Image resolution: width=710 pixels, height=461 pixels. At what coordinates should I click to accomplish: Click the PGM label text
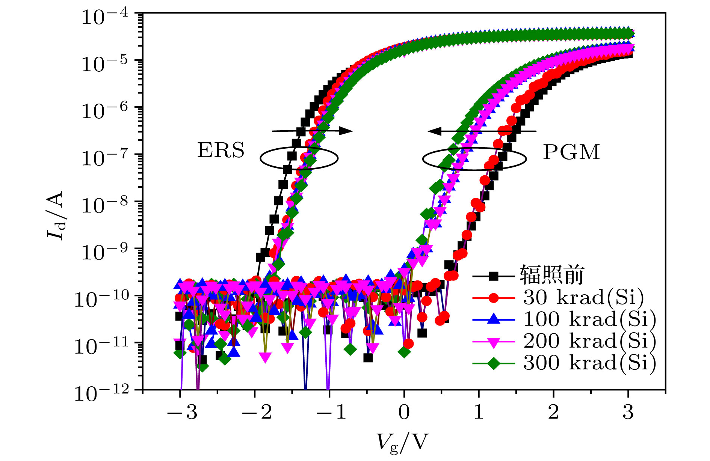click(571, 152)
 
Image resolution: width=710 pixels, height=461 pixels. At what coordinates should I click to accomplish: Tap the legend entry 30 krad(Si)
click(583, 297)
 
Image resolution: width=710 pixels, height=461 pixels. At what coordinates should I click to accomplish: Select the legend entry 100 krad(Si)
click(589, 319)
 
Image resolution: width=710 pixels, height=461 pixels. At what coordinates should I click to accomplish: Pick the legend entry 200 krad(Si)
click(589, 341)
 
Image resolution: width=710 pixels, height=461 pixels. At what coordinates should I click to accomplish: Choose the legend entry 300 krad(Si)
click(589, 363)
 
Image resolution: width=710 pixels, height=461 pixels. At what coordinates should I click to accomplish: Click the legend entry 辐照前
click(552, 275)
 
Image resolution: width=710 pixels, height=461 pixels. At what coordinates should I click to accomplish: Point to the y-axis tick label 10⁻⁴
click(105, 17)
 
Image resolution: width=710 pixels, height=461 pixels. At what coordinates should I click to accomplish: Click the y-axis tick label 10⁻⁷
click(105, 158)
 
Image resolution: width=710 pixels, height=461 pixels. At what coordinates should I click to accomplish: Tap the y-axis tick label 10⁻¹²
click(101, 393)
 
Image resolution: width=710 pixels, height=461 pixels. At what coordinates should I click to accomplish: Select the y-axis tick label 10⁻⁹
click(105, 252)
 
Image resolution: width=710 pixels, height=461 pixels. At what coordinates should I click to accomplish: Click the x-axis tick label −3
click(182, 412)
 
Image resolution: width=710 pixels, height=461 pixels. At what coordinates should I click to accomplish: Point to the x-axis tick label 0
click(404, 412)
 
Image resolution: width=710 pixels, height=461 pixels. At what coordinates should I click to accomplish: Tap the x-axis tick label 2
click(553, 412)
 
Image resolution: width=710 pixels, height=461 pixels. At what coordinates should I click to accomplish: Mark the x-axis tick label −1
click(331, 412)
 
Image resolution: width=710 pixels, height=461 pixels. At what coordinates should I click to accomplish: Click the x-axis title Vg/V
click(402, 442)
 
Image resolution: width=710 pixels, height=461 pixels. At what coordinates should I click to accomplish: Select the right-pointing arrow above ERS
click(312, 131)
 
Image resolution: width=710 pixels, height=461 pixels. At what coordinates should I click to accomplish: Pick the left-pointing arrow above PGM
click(482, 131)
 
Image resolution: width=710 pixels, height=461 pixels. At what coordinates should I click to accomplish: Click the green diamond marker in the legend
click(493, 363)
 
